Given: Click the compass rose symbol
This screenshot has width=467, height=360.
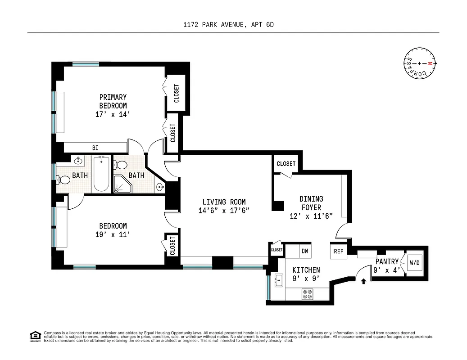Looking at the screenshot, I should point(419,63).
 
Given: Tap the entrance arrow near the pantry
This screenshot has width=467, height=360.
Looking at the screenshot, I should point(363,281).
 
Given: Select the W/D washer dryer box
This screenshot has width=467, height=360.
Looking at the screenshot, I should point(414,262).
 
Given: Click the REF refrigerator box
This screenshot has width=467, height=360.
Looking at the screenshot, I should point(338,252).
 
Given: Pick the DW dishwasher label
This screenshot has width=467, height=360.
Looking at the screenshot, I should point(305,251).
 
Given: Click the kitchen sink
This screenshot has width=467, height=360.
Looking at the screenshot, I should point(277,281).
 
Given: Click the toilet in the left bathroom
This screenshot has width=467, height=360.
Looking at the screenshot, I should point(64,180).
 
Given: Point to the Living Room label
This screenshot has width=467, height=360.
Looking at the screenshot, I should point(224,202).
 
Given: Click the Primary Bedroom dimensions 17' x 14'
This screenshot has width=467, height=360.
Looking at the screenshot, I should point(113,114).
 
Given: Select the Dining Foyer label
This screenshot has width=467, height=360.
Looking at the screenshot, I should point(311,203).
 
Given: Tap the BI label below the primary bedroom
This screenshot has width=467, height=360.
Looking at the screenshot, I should point(95,148).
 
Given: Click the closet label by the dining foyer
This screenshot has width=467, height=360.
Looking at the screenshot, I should point(286,164).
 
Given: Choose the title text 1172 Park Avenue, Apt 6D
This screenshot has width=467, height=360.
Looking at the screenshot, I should point(233,25).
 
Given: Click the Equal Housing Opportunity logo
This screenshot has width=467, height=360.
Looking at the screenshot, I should point(35,336).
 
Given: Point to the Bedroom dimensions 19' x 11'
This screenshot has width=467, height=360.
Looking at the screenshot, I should point(113,234).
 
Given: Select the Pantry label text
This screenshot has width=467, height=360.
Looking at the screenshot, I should point(387,261).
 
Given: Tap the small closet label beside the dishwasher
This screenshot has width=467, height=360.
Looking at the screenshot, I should point(277,250).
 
